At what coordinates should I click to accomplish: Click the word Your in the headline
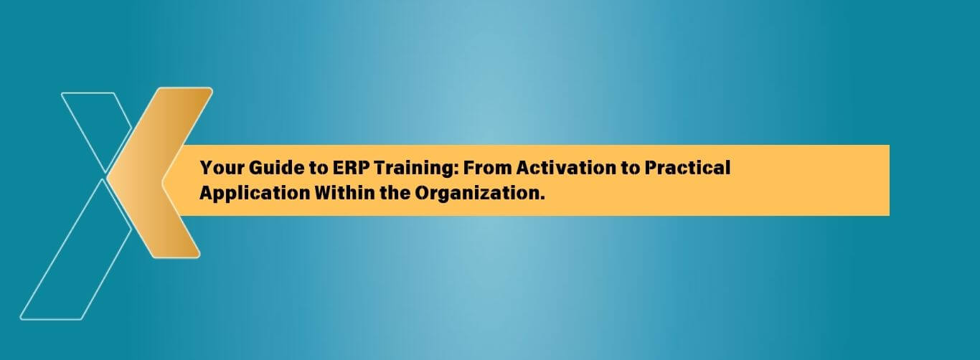point(222,168)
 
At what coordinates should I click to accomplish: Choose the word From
point(487,168)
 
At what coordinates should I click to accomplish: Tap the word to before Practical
point(625,169)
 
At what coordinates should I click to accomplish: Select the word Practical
point(686,168)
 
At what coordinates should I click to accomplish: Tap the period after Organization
point(542,198)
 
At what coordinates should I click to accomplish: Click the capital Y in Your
point(207,168)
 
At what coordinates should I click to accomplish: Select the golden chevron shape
point(160,173)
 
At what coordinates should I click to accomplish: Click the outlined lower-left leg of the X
point(75,249)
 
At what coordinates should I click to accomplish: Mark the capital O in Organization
point(423,193)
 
